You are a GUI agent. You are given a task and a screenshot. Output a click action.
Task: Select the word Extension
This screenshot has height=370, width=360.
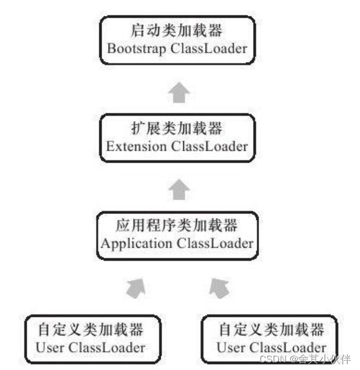click(x=134, y=145)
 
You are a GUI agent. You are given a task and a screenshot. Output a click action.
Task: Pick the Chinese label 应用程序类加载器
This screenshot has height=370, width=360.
click(x=177, y=226)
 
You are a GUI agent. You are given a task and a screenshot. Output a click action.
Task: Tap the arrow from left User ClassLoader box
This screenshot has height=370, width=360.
click(x=136, y=288)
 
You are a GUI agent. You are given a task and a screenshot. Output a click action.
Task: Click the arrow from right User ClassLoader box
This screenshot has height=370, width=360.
click(x=220, y=288)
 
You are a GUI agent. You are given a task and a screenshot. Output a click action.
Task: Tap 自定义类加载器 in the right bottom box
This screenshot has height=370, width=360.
click(x=271, y=329)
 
